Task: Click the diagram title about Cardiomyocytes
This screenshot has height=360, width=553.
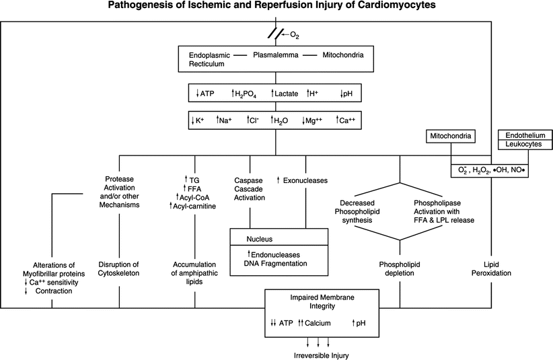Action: coord(276,6)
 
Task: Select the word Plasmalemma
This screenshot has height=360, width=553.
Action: coord(276,55)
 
